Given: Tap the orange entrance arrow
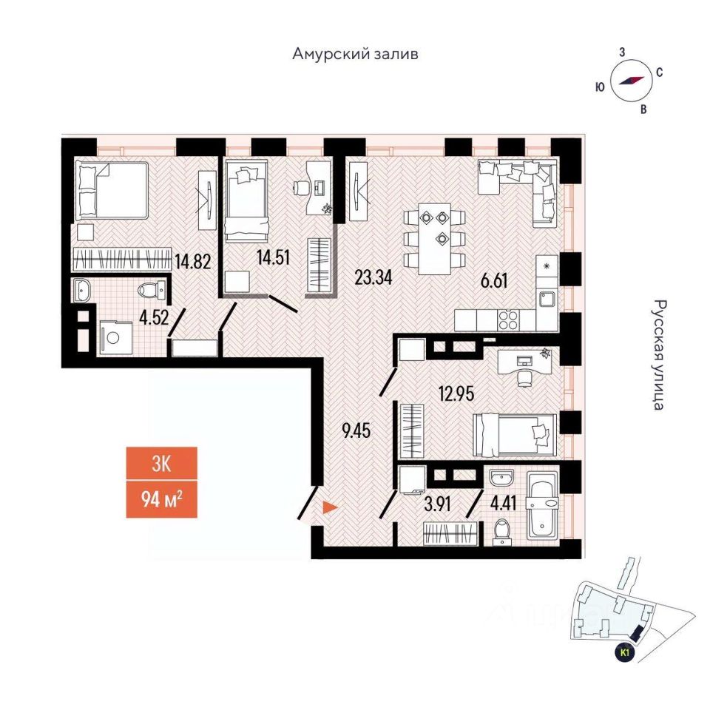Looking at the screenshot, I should tap(329, 508).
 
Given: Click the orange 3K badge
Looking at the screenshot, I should tap(161, 464).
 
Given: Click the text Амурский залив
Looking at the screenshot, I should tap(355, 54).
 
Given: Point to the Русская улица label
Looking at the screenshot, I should tap(660, 355).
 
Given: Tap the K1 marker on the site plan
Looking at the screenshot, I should tap(626, 652).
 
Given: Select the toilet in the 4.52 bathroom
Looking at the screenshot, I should tap(149, 291).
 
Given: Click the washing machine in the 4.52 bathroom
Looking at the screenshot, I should tap(115, 338).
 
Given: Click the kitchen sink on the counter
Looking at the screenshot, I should tap(547, 299).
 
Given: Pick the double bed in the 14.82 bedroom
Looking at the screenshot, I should tap(112, 190).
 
